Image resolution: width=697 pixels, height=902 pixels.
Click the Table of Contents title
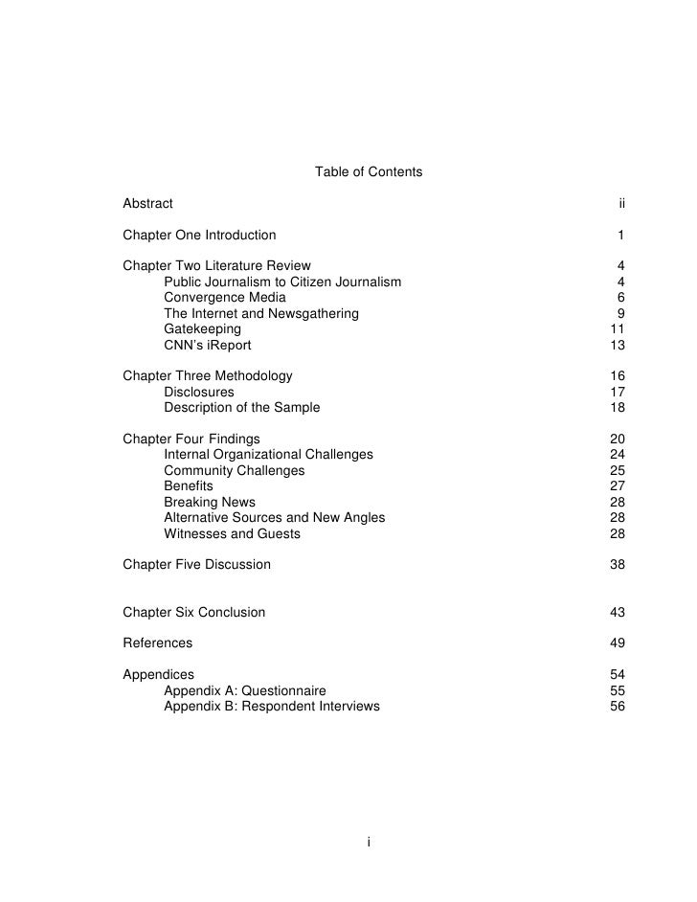(368, 172)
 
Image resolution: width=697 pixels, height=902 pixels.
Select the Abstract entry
(148, 203)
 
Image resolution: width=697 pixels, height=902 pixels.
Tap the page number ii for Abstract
(621, 203)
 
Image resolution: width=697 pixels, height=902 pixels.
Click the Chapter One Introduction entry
(199, 235)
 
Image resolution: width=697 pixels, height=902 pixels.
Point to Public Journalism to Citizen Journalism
(282, 282)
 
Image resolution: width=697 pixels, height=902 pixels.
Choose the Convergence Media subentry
(224, 297)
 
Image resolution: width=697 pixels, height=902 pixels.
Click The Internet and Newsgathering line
(260, 313)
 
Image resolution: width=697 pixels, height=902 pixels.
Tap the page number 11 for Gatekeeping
(617, 328)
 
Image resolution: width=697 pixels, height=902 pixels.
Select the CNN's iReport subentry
(208, 345)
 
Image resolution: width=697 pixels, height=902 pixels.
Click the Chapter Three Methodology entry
(208, 375)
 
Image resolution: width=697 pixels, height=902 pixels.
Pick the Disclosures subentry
(198, 392)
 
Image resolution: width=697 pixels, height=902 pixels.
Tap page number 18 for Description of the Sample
(617, 407)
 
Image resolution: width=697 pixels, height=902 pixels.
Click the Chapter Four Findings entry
(191, 439)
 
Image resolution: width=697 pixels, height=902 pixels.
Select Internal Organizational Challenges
(268, 454)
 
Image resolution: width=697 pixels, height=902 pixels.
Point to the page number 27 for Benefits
(617, 485)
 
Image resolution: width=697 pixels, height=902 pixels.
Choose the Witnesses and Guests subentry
(232, 533)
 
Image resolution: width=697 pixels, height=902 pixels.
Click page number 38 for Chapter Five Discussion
(617, 564)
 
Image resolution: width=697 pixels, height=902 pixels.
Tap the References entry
(158, 643)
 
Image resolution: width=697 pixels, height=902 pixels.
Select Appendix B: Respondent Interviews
(271, 706)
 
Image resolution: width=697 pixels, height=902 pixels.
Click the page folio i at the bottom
(369, 842)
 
